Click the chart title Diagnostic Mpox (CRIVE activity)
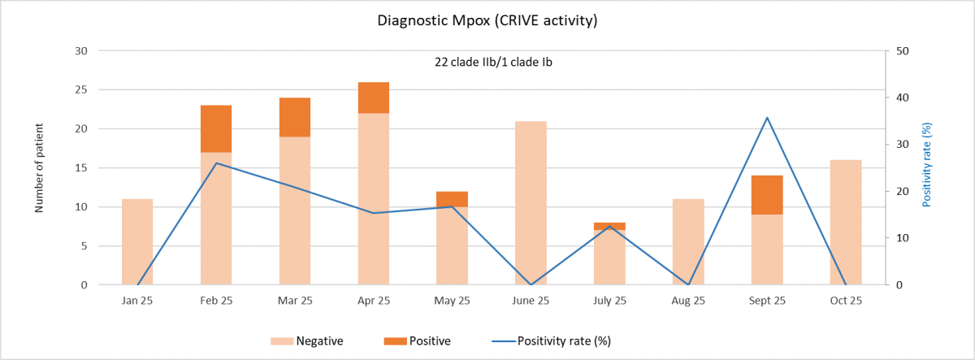[487, 20]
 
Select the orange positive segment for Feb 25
[216, 128]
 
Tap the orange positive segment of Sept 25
[767, 195]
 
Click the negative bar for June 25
[531, 203]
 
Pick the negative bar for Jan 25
[137, 242]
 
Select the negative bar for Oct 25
[846, 223]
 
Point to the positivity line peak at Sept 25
[767, 118]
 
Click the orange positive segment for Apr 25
[374, 98]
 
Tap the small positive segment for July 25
[609, 226]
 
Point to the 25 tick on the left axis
[80, 89]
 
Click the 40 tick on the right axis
[901, 98]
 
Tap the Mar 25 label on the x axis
[295, 301]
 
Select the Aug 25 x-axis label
[688, 301]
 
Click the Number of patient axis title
[38, 168]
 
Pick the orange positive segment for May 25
[453, 199]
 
